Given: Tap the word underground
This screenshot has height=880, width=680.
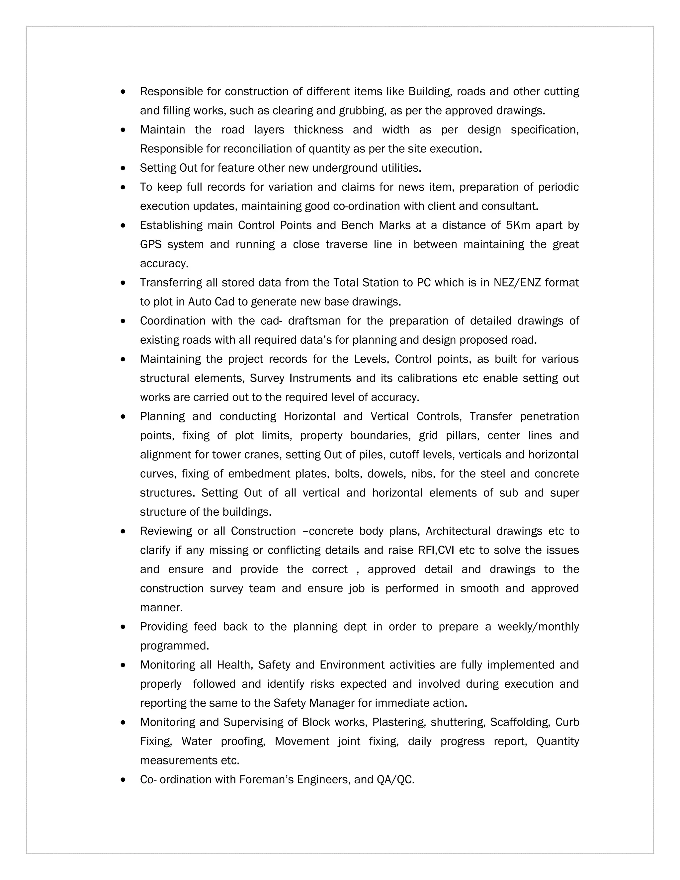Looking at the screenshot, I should tap(345, 168).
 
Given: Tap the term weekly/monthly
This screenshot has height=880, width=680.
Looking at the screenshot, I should tap(538, 627).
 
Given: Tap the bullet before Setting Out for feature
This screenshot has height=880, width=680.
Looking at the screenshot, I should tap(123, 168).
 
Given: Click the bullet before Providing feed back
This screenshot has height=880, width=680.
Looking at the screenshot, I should tap(123, 627).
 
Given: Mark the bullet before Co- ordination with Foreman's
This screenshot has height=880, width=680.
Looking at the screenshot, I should tap(123, 780).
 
